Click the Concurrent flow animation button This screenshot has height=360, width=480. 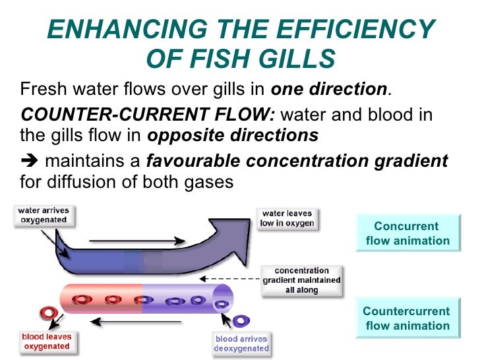point(407,233)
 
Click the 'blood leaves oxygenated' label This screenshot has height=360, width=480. point(47,341)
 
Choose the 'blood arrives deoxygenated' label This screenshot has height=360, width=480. point(242,344)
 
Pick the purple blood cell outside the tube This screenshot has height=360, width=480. point(242,320)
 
